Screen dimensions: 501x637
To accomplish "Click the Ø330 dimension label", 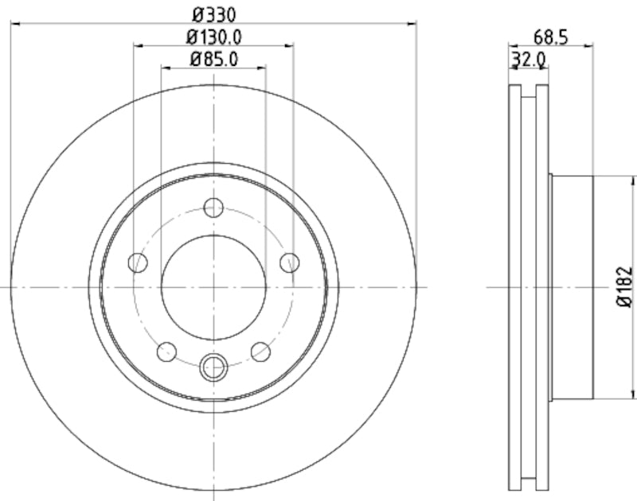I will pos(213,14).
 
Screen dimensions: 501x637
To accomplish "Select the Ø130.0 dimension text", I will pos(213,37).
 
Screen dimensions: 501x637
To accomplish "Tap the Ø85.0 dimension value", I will pos(213,59).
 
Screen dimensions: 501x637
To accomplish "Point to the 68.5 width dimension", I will pos(550,36).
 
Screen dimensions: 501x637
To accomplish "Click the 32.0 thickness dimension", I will pos(528,58).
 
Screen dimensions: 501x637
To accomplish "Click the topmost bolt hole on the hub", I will pos(213,208).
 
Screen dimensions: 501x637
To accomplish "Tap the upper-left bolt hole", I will pos(139,262).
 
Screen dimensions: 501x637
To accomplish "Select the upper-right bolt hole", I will pos(289,262).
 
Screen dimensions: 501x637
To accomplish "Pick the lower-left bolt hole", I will pos(167,350).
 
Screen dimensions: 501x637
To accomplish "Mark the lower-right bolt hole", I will pos(260,350).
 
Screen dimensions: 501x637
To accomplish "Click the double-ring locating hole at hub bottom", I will pos(213,367).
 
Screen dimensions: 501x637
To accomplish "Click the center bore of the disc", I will pos(213,286).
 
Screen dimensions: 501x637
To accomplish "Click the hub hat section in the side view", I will pos(572,286).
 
